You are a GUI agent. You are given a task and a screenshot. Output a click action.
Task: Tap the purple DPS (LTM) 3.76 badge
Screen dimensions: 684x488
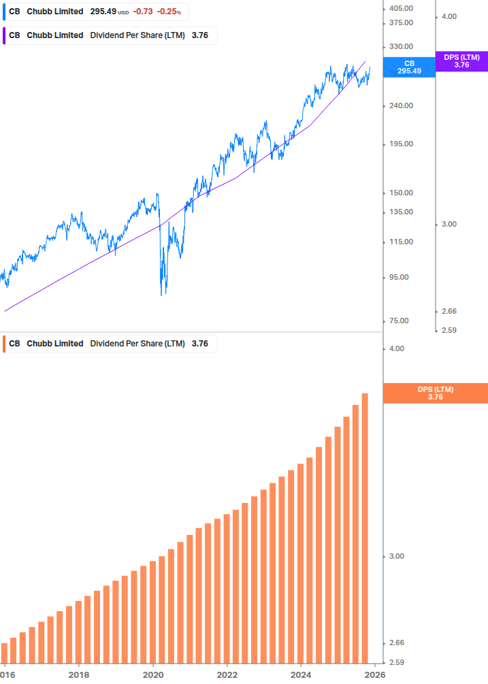pyautogui.click(x=461, y=61)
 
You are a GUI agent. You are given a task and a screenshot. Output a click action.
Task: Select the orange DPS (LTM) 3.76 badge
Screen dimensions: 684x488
pyautogui.click(x=436, y=393)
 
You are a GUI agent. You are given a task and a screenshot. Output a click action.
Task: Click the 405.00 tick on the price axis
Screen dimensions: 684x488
pyautogui.click(x=402, y=8)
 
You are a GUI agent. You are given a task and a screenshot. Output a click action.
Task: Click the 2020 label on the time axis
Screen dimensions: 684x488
pyautogui.click(x=153, y=674)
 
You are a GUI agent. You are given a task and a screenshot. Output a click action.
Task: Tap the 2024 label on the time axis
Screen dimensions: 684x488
pyautogui.click(x=302, y=674)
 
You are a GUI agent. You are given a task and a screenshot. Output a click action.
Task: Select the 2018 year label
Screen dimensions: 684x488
pyautogui.click(x=79, y=674)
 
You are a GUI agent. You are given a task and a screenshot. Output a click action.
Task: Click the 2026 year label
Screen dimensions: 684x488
pyautogui.click(x=375, y=674)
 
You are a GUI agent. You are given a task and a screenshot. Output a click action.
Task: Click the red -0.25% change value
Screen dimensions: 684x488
pyautogui.click(x=169, y=12)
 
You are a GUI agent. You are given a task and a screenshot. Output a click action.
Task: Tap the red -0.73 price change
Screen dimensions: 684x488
pyautogui.click(x=143, y=12)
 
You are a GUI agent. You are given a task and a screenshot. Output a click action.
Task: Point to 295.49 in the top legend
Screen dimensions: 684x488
pyautogui.click(x=103, y=12)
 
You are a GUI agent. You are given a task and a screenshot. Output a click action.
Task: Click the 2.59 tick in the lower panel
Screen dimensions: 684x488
pyautogui.click(x=396, y=662)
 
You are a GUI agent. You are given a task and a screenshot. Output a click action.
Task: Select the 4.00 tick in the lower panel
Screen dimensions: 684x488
pyautogui.click(x=396, y=348)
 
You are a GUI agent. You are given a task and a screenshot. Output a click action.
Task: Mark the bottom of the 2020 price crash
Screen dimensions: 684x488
pyautogui.click(x=162, y=295)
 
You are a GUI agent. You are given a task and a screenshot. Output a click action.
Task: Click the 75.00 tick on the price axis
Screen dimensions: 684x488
pyautogui.click(x=400, y=321)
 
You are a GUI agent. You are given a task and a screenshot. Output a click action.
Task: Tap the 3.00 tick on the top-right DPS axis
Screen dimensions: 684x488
pyautogui.click(x=451, y=224)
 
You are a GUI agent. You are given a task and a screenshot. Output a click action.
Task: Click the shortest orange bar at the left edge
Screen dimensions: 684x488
pyautogui.click(x=4, y=652)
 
